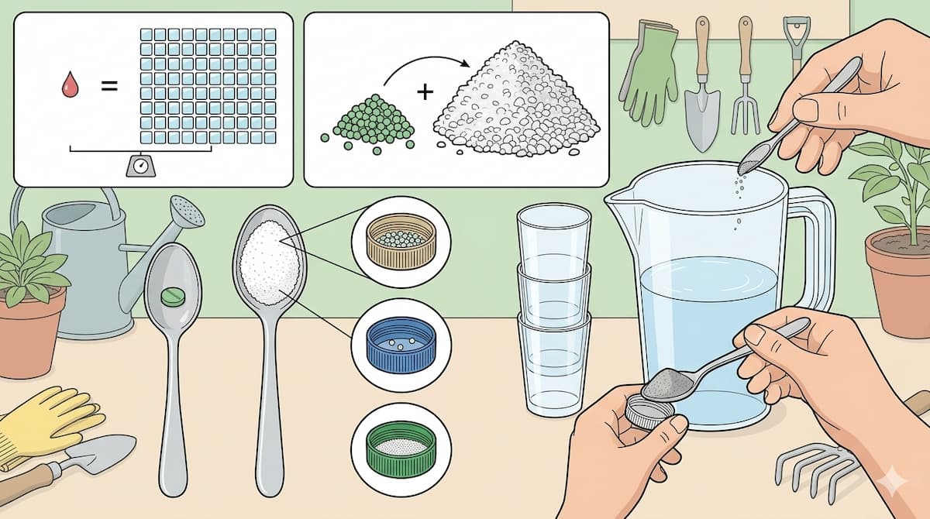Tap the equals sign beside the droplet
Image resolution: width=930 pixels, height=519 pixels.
point(109,85)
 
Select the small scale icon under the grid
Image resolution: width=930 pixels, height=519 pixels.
point(141,165)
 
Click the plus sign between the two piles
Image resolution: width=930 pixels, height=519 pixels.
point(424,93)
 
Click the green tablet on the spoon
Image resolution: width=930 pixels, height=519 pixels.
point(172,296)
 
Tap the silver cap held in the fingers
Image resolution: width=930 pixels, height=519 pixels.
point(642,411)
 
